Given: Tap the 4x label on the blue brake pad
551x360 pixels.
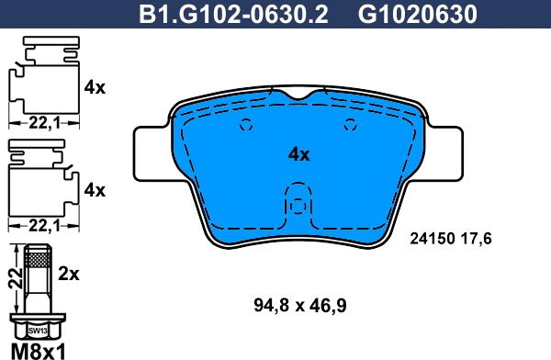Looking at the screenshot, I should coord(298,154).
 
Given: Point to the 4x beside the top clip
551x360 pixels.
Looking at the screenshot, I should coord(95,88).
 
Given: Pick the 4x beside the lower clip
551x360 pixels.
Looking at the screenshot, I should coord(95,191).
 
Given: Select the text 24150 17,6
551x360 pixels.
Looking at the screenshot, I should coord(450,237).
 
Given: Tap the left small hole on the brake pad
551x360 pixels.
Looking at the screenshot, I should coord(244,128).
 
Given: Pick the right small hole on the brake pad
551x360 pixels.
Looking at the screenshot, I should coord(349,128).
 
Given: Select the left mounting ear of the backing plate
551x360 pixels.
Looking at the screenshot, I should coord(151,156).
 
